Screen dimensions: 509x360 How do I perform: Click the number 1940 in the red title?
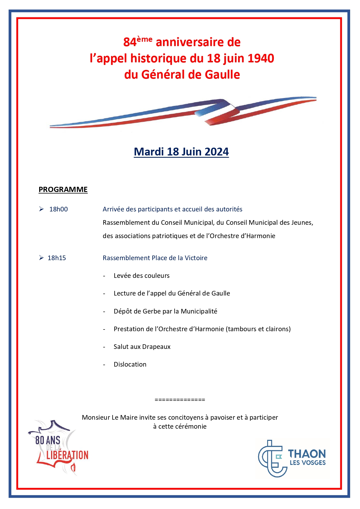(x=261, y=58)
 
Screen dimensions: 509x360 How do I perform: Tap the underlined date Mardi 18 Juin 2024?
(x=181, y=152)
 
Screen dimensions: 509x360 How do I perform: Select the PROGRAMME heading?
(x=63, y=189)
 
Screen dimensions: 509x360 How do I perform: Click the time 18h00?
(x=59, y=209)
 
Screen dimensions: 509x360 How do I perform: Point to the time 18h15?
(x=57, y=258)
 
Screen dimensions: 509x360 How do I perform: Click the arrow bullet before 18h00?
(x=41, y=209)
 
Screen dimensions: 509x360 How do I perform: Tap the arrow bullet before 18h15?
(x=41, y=258)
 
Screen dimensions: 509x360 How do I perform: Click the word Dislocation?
(x=130, y=364)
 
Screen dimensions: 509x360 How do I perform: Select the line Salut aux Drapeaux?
(x=142, y=347)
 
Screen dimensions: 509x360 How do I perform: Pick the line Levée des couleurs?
(x=142, y=276)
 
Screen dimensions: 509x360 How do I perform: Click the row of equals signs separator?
(x=180, y=400)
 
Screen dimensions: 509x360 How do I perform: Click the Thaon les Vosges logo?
(x=292, y=458)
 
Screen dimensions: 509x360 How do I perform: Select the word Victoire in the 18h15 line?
(x=196, y=258)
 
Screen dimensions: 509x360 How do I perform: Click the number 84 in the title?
(x=130, y=42)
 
